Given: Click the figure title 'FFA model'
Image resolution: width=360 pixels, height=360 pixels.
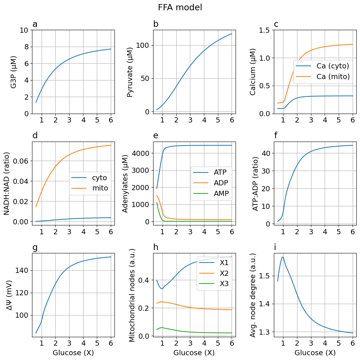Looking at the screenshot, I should coord(180,7).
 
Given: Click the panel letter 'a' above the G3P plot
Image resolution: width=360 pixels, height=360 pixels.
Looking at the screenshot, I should coord(35,25).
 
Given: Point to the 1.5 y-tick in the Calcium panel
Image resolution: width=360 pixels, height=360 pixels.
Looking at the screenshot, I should coord(264,30).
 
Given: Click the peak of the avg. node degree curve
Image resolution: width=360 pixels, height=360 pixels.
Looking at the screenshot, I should coord(283,257).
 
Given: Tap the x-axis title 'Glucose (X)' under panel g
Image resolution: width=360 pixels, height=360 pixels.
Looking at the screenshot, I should coord(73,353).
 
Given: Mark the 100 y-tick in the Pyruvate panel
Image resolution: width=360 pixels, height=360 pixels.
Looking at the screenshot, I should coord(142,45).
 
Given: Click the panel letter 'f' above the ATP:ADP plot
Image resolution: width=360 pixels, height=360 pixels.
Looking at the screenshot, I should coord(276,136).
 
